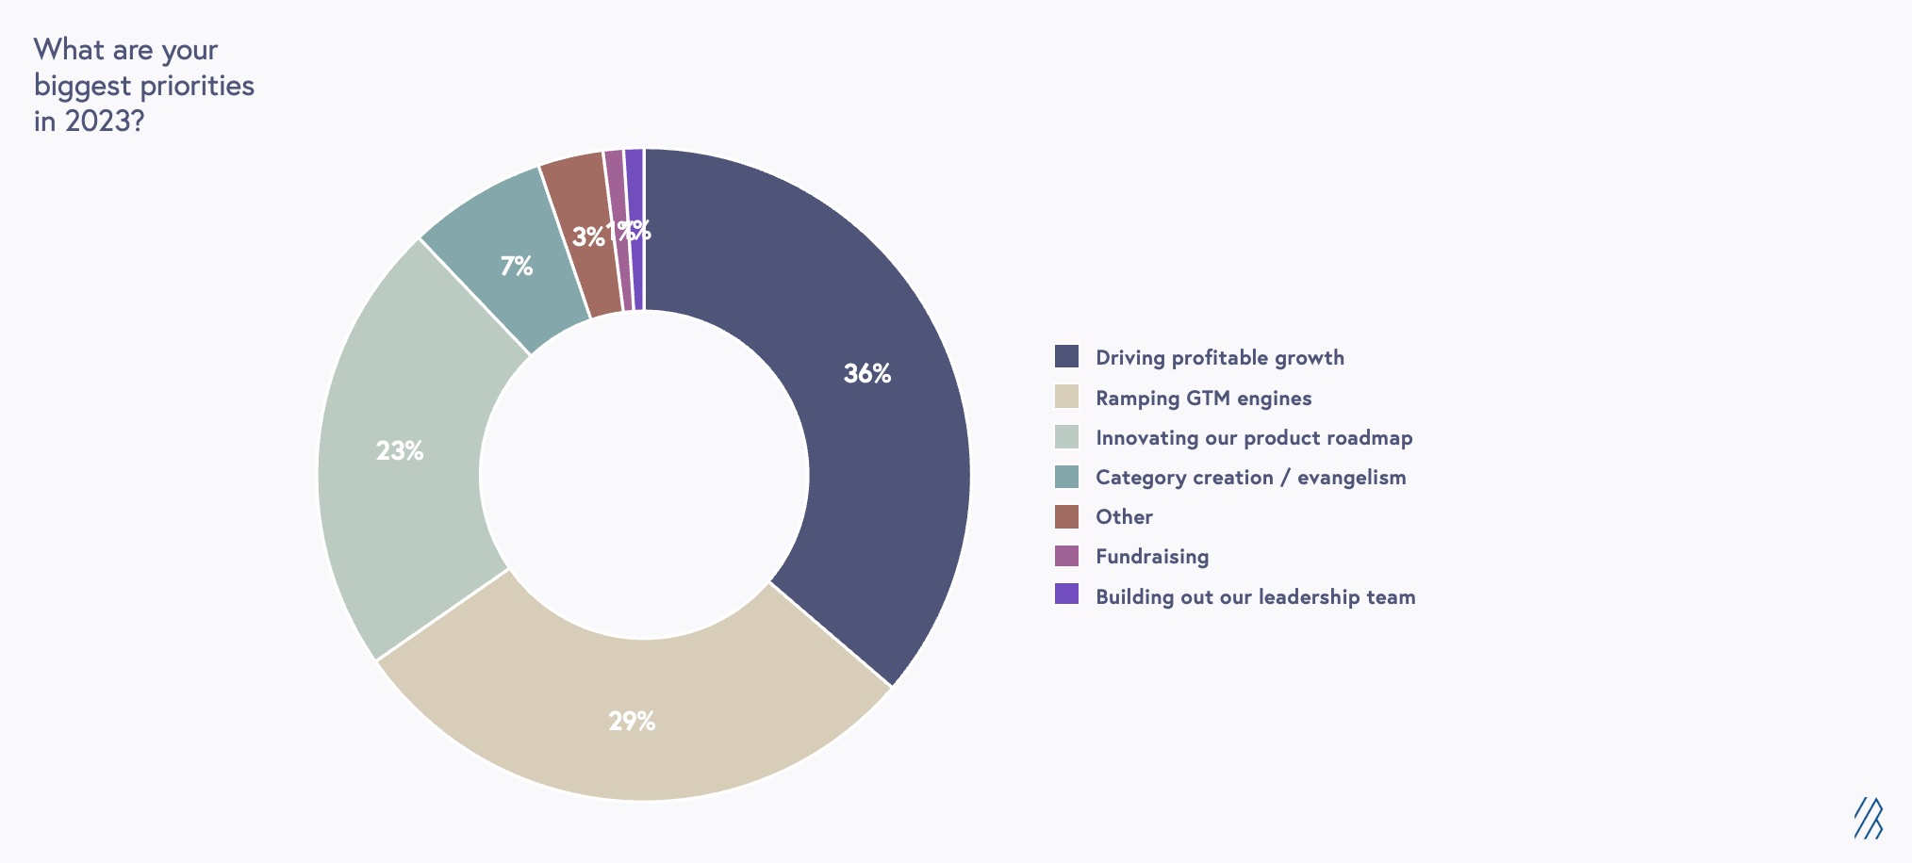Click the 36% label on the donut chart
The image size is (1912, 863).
click(x=866, y=374)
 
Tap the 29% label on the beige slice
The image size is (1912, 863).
click(x=631, y=722)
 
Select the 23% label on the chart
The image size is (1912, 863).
click(x=399, y=451)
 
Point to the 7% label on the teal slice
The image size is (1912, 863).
click(x=516, y=267)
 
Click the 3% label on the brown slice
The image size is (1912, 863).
click(x=587, y=237)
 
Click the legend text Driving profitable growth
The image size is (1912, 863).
click(x=1219, y=358)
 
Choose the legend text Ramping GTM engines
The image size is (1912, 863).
click(x=1203, y=399)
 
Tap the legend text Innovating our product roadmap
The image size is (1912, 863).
click(x=1253, y=438)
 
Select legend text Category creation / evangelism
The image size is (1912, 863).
click(x=1250, y=478)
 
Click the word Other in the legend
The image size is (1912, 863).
click(x=1124, y=517)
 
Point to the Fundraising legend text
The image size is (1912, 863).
click(x=1151, y=557)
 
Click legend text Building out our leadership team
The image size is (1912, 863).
click(x=1255, y=597)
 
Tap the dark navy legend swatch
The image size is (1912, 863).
click(x=1066, y=356)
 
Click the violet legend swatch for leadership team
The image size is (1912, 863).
click(x=1066, y=594)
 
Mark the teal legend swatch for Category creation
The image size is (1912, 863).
click(x=1066, y=477)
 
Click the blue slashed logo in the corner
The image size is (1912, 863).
click(x=1868, y=818)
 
